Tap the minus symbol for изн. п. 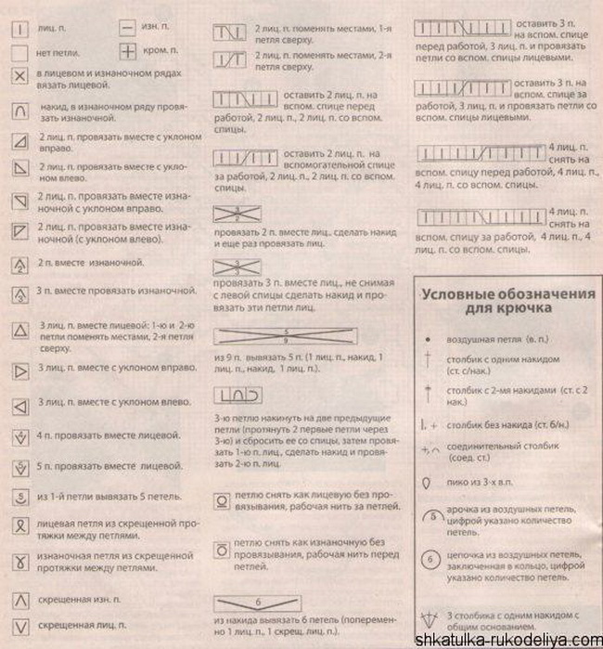[127, 29]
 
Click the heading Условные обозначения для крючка [507, 300]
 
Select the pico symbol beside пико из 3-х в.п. [428, 484]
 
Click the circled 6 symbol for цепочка [430, 560]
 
